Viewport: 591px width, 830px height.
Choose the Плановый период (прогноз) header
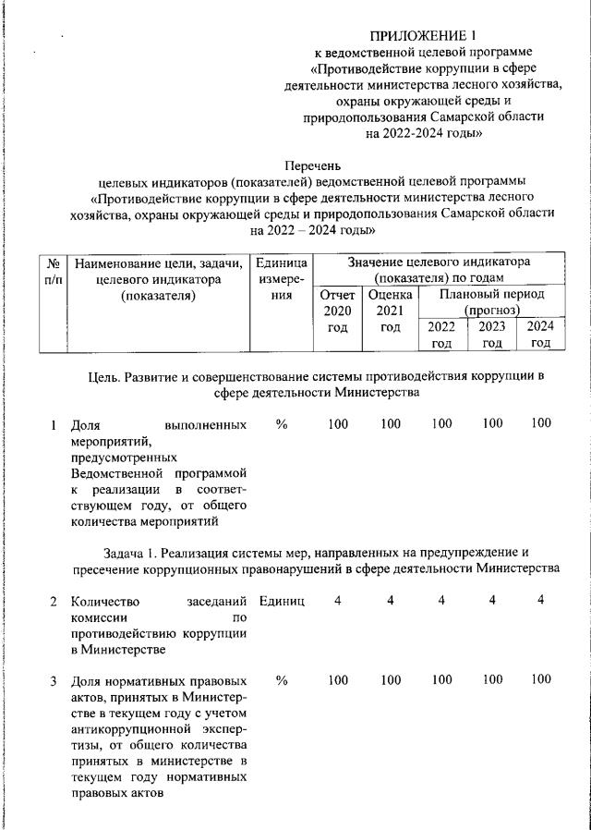point(492,301)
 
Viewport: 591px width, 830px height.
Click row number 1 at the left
point(54,425)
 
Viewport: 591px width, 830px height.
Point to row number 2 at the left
point(54,602)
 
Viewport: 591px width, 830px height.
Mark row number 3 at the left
point(54,681)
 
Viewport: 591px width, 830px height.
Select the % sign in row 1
point(283,424)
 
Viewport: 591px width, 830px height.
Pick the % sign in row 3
point(283,681)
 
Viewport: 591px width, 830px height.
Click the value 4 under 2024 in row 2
point(541,601)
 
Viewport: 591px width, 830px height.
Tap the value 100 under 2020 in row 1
point(338,424)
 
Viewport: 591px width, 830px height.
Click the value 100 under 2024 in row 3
point(541,681)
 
